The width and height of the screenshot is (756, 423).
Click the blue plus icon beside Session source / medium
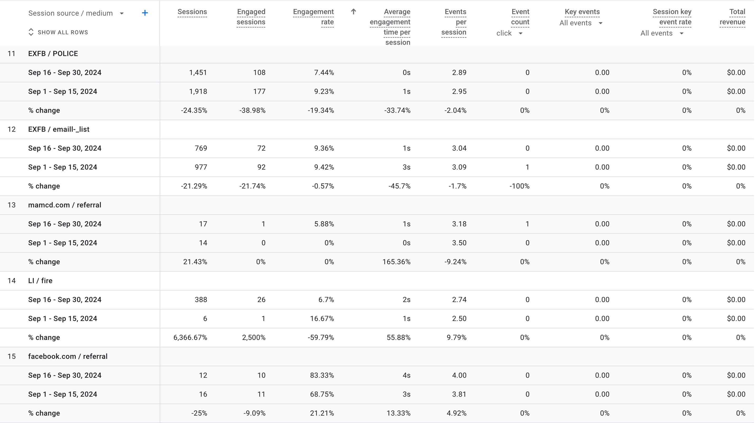point(145,13)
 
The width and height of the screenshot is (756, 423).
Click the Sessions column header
point(192,12)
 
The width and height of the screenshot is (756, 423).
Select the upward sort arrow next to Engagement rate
point(353,12)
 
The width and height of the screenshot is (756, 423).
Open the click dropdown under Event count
point(509,33)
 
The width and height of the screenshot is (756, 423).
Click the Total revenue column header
point(733,17)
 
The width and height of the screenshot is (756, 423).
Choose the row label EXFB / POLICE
point(53,54)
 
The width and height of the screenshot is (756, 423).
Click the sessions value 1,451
point(198,72)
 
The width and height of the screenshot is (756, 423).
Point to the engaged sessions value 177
point(259,92)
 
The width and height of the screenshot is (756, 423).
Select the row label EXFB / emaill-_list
point(59,129)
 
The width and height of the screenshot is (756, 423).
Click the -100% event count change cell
point(519,186)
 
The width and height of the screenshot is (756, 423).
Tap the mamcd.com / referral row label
point(65,205)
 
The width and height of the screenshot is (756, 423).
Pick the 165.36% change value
point(396,262)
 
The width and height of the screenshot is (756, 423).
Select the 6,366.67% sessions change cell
point(190,337)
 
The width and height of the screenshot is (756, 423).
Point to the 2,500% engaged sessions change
point(254,337)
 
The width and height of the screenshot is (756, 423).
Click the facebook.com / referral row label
point(68,356)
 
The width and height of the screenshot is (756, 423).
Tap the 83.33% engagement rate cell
point(322,375)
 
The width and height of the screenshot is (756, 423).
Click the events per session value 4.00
point(459,375)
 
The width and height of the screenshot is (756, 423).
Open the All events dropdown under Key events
point(581,23)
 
